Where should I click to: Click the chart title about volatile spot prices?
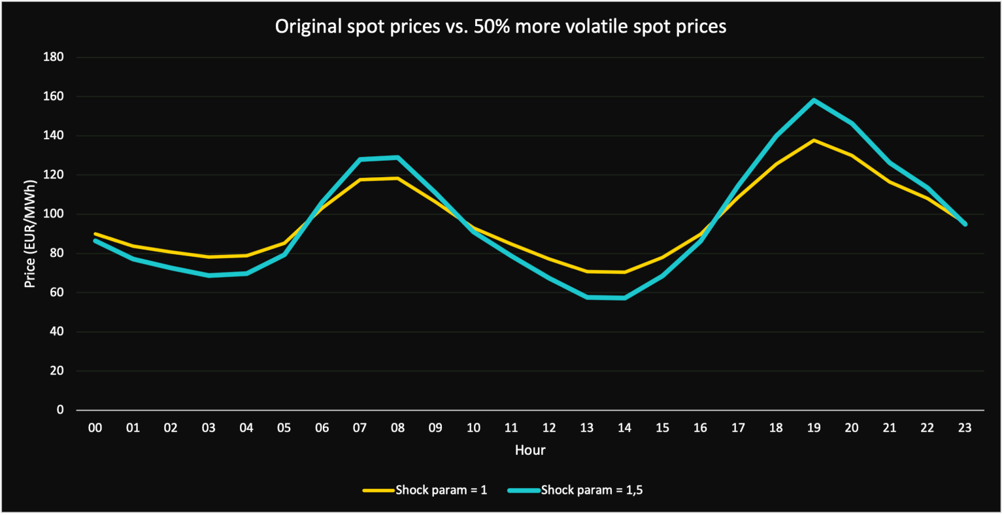pyautogui.click(x=501, y=26)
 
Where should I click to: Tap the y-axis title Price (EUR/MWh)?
pyautogui.click(x=29, y=234)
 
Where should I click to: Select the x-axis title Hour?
pyautogui.click(x=530, y=450)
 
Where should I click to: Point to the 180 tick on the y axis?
pyautogui.click(x=53, y=58)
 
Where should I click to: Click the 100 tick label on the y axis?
pyautogui.click(x=53, y=214)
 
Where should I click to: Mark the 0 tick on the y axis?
pyautogui.click(x=60, y=410)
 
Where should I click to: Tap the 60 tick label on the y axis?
pyautogui.click(x=56, y=293)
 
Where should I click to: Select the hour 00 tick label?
pyautogui.click(x=95, y=428)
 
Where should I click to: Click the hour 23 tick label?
pyautogui.click(x=965, y=428)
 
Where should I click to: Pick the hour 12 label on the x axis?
pyautogui.click(x=549, y=428)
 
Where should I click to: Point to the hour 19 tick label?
pyautogui.click(x=813, y=428)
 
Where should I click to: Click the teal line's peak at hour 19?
pyautogui.click(x=813, y=101)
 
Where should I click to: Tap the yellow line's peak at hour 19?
pyautogui.click(x=813, y=140)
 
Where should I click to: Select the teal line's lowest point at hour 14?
pyautogui.click(x=624, y=298)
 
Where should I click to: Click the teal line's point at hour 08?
pyautogui.click(x=397, y=158)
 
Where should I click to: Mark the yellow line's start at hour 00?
pyautogui.click(x=95, y=233)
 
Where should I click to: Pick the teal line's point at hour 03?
pyautogui.click(x=209, y=275)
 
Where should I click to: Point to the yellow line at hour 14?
pyautogui.click(x=624, y=272)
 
